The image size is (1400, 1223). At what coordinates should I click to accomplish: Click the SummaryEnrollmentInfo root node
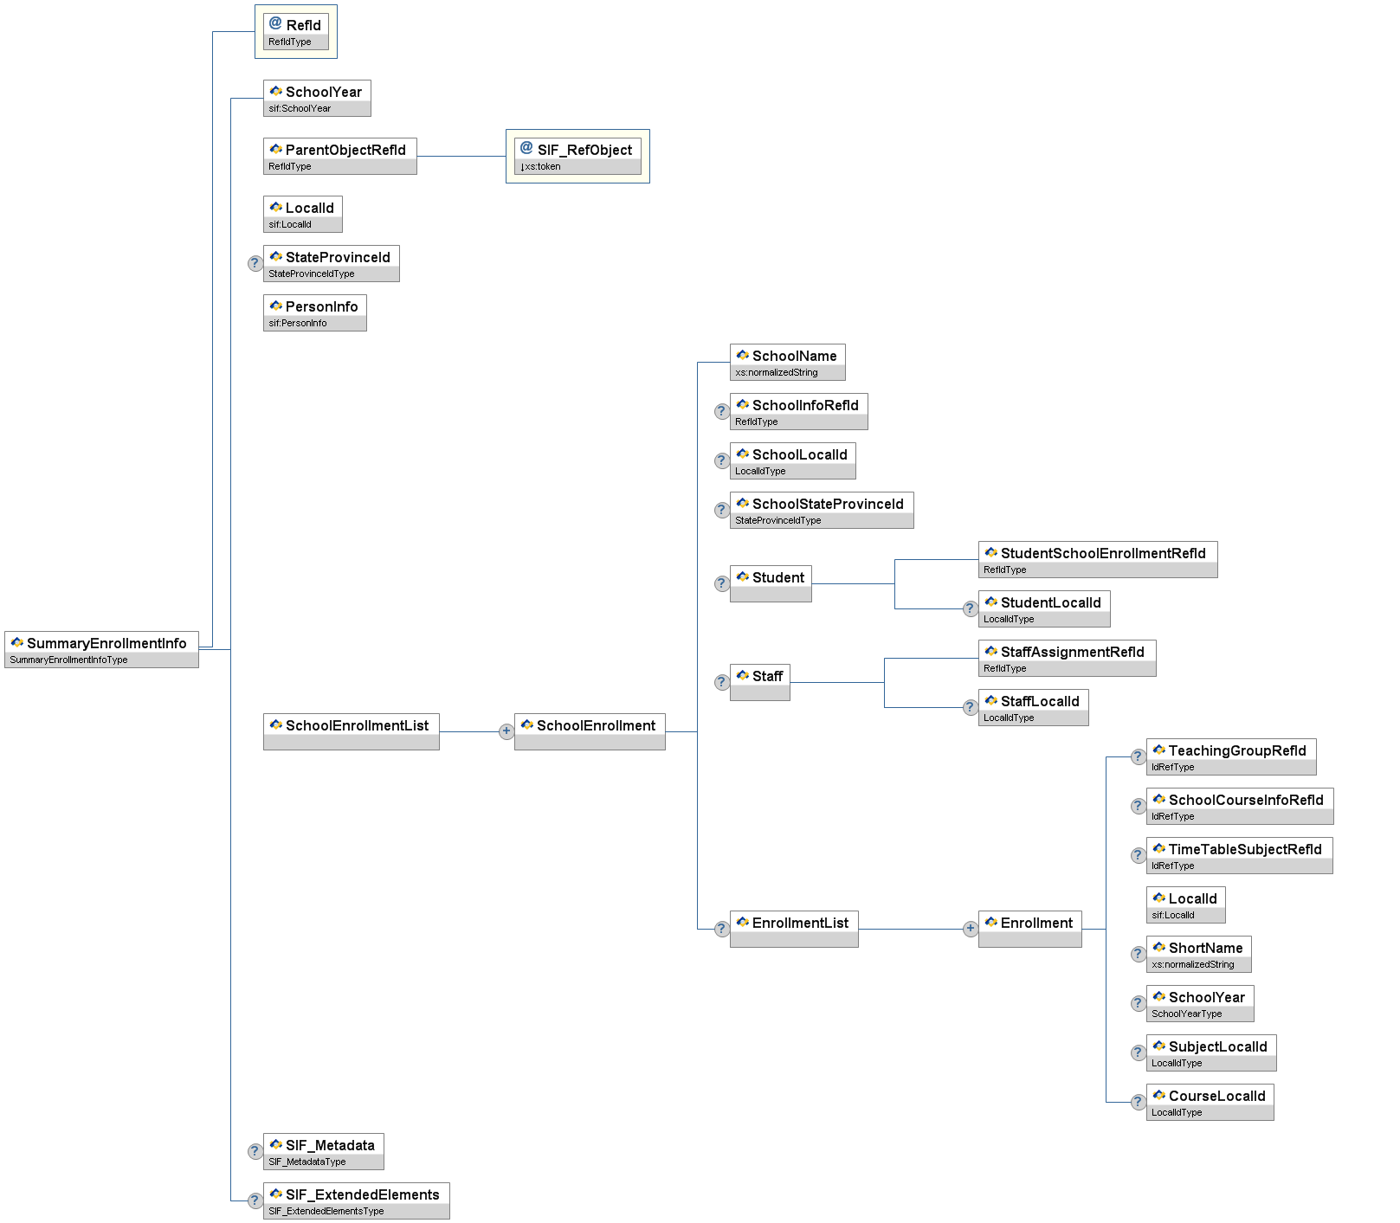click(101, 649)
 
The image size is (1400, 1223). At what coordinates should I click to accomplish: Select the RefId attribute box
click(296, 32)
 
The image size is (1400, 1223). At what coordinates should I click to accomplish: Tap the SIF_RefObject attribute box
click(577, 156)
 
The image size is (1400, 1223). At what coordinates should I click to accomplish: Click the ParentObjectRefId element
click(339, 156)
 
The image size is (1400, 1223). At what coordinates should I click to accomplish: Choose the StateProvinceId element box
click(331, 263)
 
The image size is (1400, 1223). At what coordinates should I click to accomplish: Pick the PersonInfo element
click(314, 312)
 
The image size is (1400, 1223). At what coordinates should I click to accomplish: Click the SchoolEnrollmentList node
click(351, 731)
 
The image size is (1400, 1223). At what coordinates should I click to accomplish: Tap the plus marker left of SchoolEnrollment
click(506, 731)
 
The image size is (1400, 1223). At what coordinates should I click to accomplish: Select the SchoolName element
click(787, 362)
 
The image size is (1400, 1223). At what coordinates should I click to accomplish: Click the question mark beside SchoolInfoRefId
click(721, 411)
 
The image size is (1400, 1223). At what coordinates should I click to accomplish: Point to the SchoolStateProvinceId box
click(821, 510)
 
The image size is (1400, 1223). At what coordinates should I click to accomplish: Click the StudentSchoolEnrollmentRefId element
click(1097, 559)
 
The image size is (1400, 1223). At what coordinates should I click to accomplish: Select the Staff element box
click(759, 682)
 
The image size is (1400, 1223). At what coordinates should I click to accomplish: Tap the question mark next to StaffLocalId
click(970, 707)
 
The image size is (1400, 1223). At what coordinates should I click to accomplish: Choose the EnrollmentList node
click(793, 929)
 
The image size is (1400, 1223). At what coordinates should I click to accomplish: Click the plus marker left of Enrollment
click(970, 929)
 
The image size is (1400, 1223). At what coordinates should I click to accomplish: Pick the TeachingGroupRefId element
click(1230, 756)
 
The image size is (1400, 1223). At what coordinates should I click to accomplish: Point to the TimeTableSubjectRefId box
click(1239, 855)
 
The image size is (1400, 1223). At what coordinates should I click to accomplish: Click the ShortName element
click(1198, 954)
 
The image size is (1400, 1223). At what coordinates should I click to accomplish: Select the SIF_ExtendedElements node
click(356, 1200)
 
